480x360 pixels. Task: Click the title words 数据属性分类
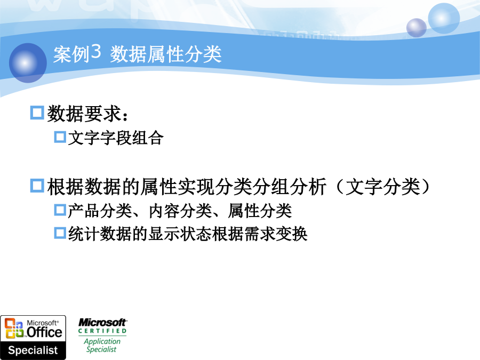tap(166, 54)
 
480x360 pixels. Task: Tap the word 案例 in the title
tap(71, 54)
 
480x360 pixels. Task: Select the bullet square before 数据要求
tap(37, 113)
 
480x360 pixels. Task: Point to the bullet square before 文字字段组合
tap(60, 137)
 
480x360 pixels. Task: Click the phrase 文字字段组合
tap(116, 138)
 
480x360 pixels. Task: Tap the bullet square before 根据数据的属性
tap(37, 186)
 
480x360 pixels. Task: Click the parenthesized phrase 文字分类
tap(383, 187)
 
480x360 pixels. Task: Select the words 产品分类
tap(100, 211)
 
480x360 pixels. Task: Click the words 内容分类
tap(180, 211)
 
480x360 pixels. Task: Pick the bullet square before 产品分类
tap(60, 210)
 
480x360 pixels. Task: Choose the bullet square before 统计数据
tap(60, 233)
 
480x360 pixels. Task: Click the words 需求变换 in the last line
tap(276, 234)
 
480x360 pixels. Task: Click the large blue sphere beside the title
tap(28, 63)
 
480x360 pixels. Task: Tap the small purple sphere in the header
tap(417, 28)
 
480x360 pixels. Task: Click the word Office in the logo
tap(44, 332)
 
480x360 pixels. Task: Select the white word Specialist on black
tap(33, 350)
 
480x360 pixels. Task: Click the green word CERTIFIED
tap(102, 331)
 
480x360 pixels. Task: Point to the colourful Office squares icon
tap(14, 328)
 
